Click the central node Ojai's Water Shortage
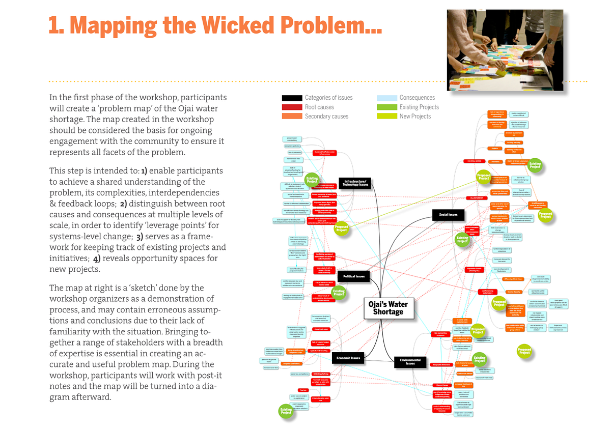click(x=388, y=308)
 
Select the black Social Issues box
click(x=448, y=215)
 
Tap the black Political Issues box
click(x=354, y=276)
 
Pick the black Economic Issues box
click(x=348, y=358)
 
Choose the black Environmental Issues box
click(x=410, y=362)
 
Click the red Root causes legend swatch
click(x=292, y=107)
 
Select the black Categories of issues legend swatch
click(x=292, y=98)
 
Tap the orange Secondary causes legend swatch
click(x=292, y=117)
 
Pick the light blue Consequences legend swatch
click(x=386, y=98)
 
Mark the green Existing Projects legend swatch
click(x=386, y=107)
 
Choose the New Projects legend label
click(x=415, y=117)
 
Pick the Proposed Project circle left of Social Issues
click(x=342, y=228)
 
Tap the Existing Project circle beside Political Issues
click(x=339, y=292)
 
